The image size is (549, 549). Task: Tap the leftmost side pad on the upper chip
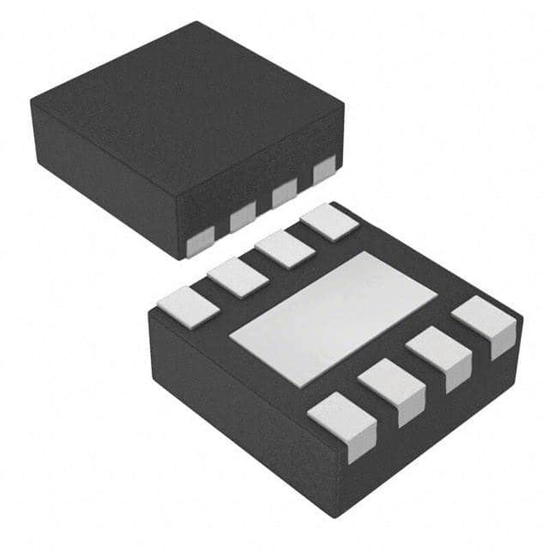coord(202,238)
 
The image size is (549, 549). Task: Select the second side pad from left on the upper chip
coord(242,219)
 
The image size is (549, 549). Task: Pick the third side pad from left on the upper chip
coord(283,195)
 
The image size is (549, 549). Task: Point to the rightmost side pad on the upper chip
coord(323,170)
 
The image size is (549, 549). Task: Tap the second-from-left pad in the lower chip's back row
coord(236,277)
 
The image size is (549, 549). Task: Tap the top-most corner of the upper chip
coord(199,22)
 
